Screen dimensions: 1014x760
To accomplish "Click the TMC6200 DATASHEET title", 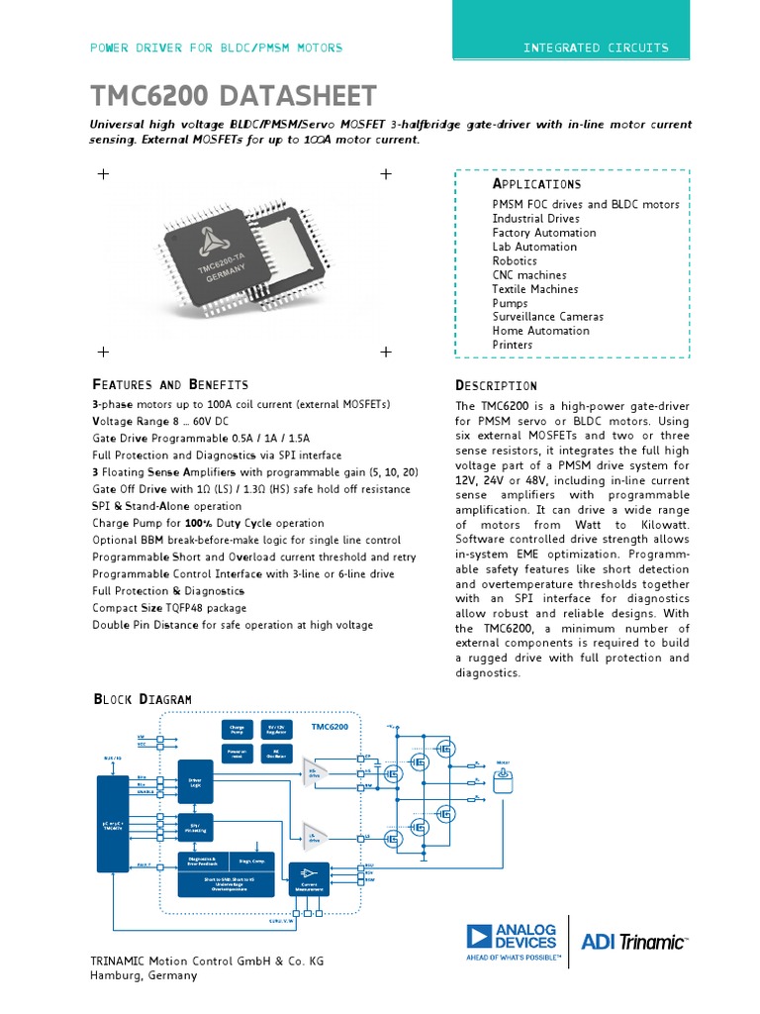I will [x=234, y=96].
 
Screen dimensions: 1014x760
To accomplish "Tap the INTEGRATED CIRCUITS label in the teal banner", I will [x=595, y=48].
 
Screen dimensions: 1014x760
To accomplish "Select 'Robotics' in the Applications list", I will [x=515, y=261].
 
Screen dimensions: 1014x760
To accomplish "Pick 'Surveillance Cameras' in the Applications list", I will [x=547, y=317].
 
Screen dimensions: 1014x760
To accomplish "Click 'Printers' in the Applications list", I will [x=512, y=345].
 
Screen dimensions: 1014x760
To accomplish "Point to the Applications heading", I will [x=536, y=184].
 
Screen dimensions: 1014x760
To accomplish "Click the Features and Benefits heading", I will [x=169, y=384].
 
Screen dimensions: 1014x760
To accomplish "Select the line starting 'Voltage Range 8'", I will [x=159, y=421].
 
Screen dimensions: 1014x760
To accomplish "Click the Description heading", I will [x=496, y=385].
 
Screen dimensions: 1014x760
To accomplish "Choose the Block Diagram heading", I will [x=142, y=699].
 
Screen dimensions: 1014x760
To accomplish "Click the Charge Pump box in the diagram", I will [x=237, y=730].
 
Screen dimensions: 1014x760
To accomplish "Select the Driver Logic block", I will [x=195, y=782].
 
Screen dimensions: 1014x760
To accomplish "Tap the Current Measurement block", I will [x=302, y=877].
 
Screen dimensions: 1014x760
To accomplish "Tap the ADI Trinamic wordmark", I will [x=633, y=942].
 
